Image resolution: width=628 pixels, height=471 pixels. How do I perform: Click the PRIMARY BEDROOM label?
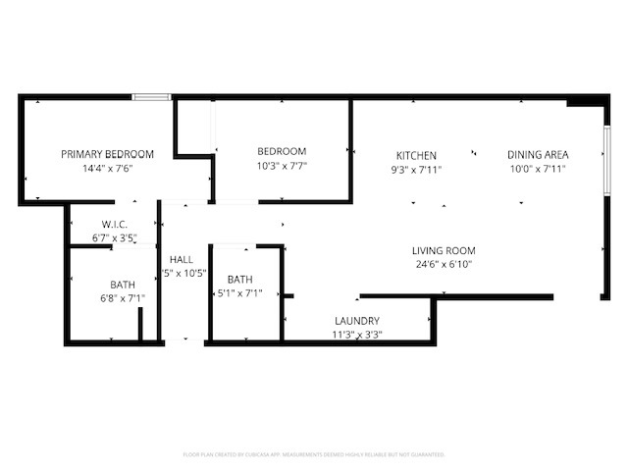coord(108,154)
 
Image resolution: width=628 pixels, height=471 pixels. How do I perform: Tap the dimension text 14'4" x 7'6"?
coord(108,169)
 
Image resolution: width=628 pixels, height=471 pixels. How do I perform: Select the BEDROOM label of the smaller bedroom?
coord(282,151)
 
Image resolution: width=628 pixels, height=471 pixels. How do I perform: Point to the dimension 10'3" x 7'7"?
coord(282,166)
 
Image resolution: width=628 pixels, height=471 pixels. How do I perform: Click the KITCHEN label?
coord(416,156)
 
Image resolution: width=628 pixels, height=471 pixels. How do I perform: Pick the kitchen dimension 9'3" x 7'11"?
coord(416,170)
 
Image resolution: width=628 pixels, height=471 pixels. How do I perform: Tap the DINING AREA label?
coord(538,155)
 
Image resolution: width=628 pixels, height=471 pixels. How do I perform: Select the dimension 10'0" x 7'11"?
coord(538,170)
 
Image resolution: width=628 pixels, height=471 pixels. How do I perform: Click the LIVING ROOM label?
coord(444,251)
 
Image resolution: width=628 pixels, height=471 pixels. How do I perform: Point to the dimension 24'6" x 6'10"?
coord(444,265)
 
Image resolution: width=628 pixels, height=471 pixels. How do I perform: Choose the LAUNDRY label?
coord(357,321)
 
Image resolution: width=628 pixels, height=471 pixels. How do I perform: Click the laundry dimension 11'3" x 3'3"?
coord(357,335)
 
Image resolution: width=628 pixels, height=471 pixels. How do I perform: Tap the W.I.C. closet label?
coord(115,224)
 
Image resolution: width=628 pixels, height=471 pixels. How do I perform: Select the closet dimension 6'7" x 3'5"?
coord(115,237)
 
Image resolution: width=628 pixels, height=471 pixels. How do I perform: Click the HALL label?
coord(182,259)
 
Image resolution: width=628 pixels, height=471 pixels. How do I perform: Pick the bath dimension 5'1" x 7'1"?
coord(240,292)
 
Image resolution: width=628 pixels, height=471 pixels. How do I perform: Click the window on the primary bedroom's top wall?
coord(152,96)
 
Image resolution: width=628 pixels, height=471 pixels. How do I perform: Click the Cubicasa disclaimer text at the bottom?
coord(314,454)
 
